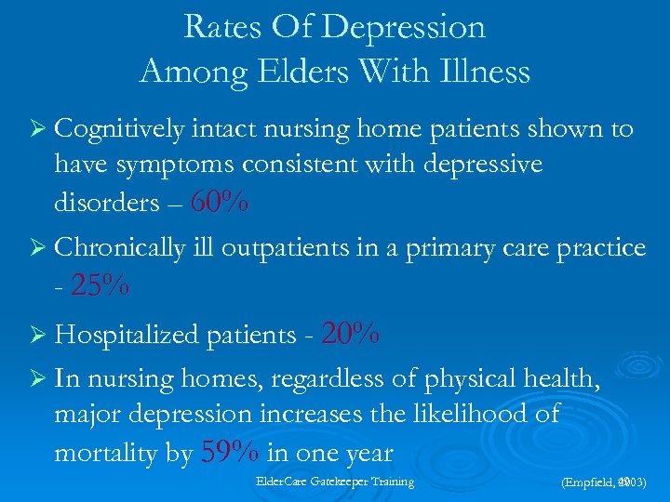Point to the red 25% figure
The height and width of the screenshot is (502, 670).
coord(99,287)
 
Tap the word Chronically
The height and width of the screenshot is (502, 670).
coord(119,248)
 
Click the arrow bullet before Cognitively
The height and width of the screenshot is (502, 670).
coord(37,130)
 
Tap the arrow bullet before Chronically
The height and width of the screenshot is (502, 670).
coord(37,249)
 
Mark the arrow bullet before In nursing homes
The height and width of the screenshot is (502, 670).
coord(37,379)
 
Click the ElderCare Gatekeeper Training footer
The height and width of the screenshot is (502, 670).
coord(334,482)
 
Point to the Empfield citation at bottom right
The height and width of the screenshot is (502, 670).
coord(604,483)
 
